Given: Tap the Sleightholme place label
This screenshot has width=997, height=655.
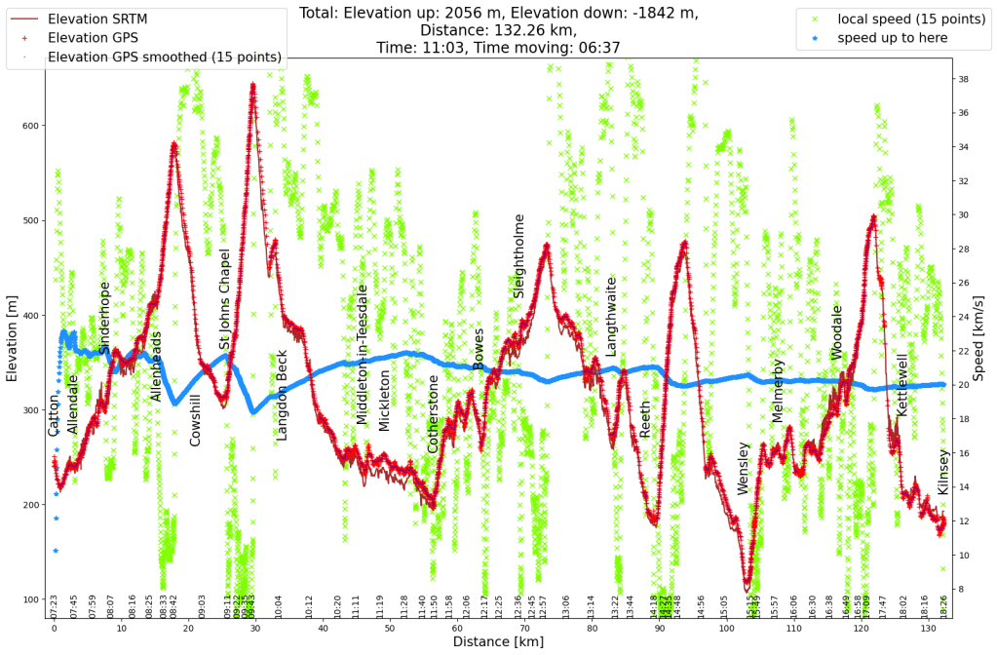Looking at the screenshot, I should point(518,257).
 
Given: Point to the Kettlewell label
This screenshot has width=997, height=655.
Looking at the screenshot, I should point(901,385).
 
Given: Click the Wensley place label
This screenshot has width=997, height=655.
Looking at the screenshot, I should point(743,468).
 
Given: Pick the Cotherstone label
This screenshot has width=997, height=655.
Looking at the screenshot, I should point(433,413).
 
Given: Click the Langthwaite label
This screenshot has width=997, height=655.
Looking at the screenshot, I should point(611,315).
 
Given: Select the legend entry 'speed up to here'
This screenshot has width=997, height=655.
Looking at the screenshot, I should point(892,38).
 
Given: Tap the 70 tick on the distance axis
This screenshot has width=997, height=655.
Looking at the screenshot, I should point(524,630).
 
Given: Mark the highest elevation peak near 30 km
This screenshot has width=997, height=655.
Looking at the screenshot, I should point(253,86).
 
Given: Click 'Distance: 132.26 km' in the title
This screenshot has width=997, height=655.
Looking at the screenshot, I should point(498,30).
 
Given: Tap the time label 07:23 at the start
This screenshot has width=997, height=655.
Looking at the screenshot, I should point(55,606).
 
